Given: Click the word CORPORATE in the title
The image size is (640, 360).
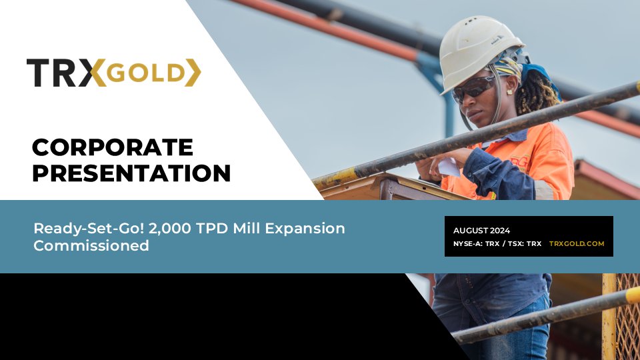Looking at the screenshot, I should [113, 147].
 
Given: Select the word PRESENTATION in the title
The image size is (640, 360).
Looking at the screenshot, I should [132, 173].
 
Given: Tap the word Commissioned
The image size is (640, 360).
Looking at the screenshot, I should [91, 245].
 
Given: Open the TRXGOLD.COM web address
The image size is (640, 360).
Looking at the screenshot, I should [577, 244].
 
